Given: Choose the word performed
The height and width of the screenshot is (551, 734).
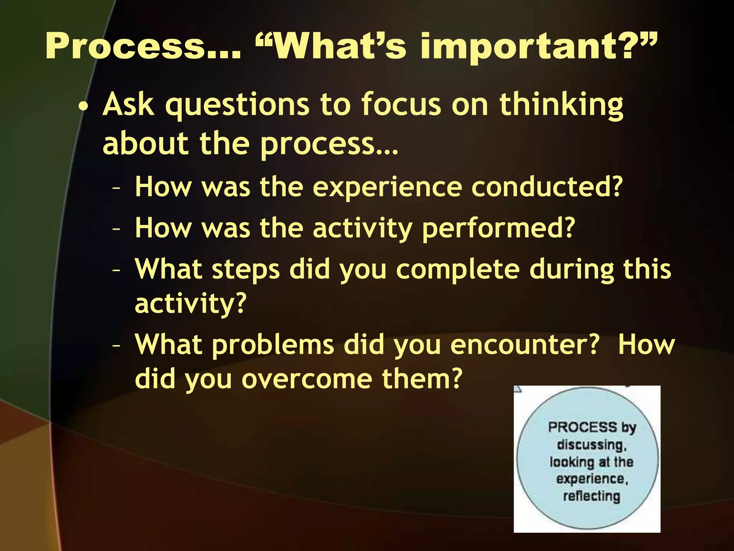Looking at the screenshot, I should pyautogui.click(x=498, y=229).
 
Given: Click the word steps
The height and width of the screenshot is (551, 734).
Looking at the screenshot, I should pyautogui.click(x=246, y=270).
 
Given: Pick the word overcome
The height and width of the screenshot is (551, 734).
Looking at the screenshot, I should pyautogui.click(x=306, y=380).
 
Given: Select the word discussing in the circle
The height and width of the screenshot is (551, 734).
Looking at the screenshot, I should pyautogui.click(x=592, y=445).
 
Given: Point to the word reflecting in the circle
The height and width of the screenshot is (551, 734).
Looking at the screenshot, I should pyautogui.click(x=591, y=496).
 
